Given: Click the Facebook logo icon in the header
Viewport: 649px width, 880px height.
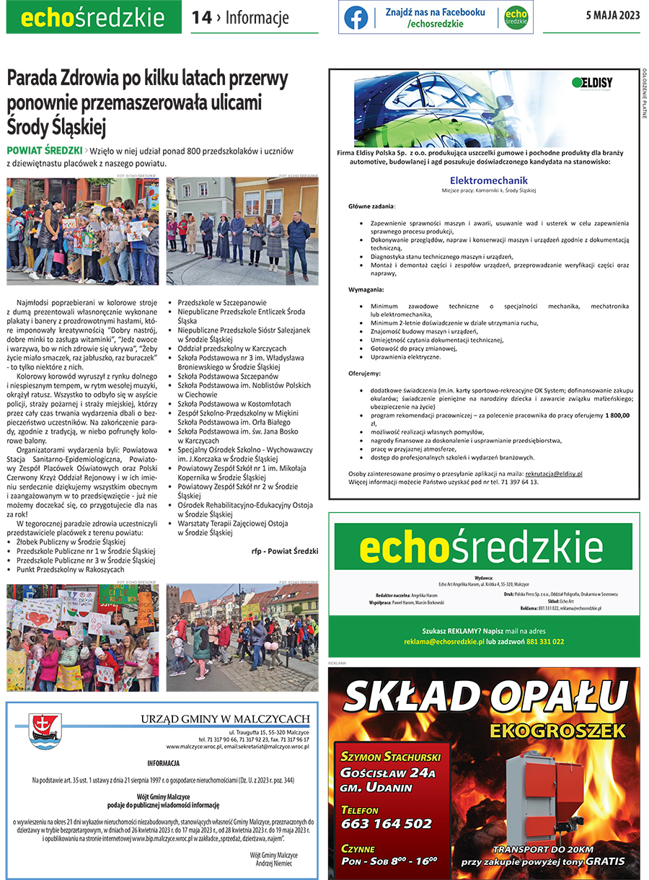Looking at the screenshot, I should click(x=356, y=18).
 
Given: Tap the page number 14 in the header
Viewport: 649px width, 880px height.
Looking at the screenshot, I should click(x=201, y=18).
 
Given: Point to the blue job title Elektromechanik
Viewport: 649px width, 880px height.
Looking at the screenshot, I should click(x=488, y=180).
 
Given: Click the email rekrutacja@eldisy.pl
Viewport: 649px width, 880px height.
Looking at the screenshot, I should click(x=553, y=474).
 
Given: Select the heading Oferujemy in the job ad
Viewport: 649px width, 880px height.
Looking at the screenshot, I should click(x=366, y=373).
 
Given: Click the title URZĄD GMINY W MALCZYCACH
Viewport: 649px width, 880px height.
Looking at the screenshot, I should click(x=225, y=718).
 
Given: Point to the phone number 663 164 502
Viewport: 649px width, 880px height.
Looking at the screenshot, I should click(x=387, y=824).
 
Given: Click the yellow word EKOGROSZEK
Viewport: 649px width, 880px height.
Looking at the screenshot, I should click(x=557, y=731).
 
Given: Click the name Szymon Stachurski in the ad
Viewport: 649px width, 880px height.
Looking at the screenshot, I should click(x=391, y=757).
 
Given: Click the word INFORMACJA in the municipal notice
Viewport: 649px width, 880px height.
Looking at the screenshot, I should click(x=163, y=762).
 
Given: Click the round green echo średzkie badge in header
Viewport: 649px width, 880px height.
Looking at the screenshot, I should click(x=516, y=18).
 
